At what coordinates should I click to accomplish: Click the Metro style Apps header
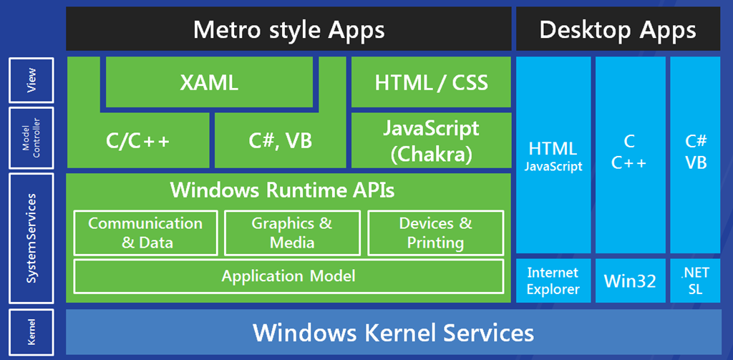(x=288, y=29)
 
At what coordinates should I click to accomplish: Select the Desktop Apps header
(x=618, y=29)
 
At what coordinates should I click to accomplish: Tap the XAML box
(x=210, y=82)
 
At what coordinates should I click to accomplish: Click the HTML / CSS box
(x=431, y=82)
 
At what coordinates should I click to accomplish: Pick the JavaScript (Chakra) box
(x=431, y=140)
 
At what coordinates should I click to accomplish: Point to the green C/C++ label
(x=137, y=140)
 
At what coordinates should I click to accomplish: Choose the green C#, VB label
(x=281, y=140)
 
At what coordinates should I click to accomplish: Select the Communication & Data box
(x=145, y=233)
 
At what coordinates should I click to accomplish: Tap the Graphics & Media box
(x=292, y=233)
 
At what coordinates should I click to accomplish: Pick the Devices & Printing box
(x=436, y=233)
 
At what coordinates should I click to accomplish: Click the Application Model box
(x=288, y=276)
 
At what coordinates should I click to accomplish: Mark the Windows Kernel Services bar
(x=393, y=332)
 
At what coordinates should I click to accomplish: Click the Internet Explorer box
(x=553, y=281)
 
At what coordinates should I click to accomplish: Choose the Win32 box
(x=630, y=281)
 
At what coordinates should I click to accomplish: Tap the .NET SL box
(x=696, y=281)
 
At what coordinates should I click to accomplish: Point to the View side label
(x=31, y=80)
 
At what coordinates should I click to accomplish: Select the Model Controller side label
(x=31, y=138)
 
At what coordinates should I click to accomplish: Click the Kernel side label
(x=31, y=331)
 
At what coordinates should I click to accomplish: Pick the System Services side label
(x=31, y=238)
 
